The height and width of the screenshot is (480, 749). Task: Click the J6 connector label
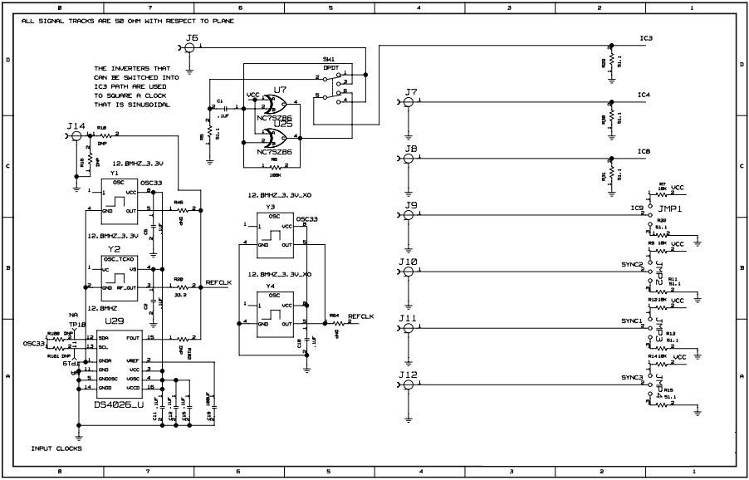click(x=193, y=38)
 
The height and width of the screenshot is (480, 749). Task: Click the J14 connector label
click(x=76, y=126)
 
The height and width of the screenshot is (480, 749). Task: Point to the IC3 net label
click(x=645, y=39)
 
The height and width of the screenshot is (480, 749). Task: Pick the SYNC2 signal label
click(x=632, y=265)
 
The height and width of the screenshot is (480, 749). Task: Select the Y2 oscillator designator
click(x=115, y=248)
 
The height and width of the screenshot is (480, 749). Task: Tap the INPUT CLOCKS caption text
click(x=56, y=448)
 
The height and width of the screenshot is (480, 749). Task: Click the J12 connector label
click(x=408, y=375)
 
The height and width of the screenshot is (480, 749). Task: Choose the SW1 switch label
click(x=329, y=61)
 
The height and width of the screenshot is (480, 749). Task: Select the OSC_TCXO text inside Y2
click(x=117, y=258)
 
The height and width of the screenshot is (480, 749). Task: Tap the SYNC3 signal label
click(x=632, y=378)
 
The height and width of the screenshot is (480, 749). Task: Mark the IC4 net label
click(x=644, y=96)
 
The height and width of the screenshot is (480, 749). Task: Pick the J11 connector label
click(x=408, y=318)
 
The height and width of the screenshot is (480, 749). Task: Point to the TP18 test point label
click(x=77, y=324)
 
